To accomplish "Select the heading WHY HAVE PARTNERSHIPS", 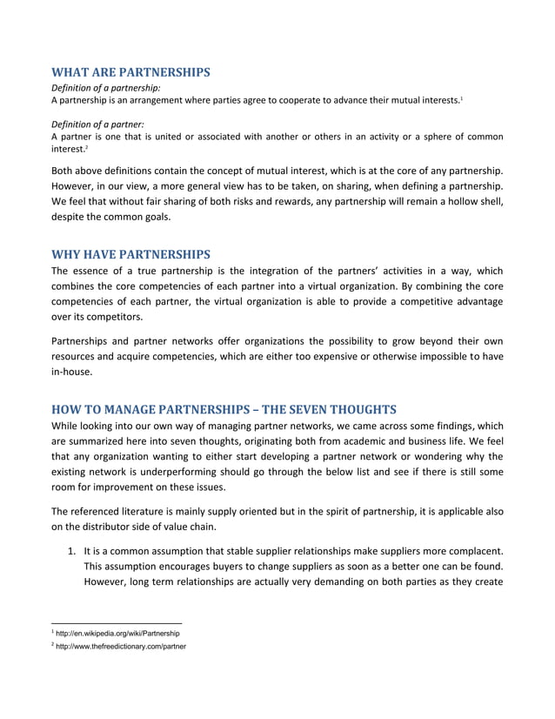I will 130,254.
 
